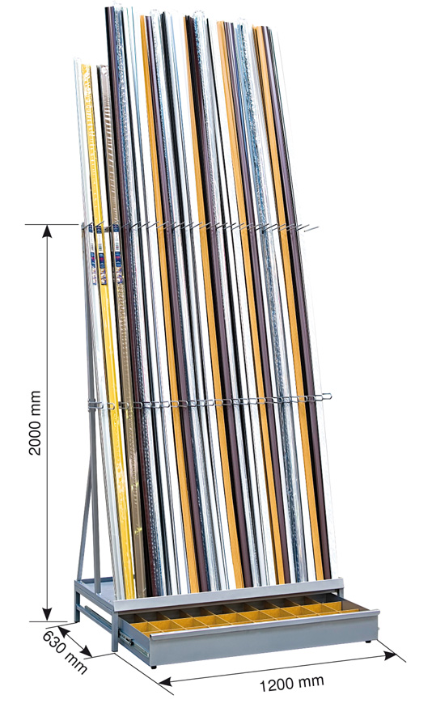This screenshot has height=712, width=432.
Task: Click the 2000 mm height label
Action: (35, 422)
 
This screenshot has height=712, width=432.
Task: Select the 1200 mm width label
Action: (291, 682)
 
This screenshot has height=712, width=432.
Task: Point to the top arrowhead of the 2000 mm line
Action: (47, 231)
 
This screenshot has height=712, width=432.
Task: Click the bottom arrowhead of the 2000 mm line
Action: (47, 614)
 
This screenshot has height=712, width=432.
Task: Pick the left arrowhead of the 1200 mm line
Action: (165, 680)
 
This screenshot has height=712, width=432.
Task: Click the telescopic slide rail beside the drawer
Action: (133, 642)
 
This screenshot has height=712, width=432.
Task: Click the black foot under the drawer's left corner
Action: (155, 666)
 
